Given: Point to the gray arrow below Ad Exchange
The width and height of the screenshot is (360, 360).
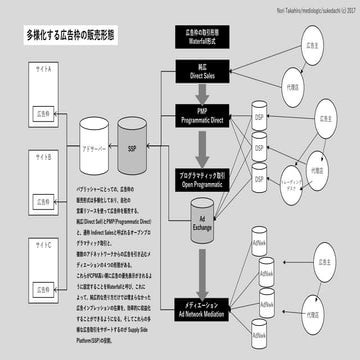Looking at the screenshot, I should click(204, 270).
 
